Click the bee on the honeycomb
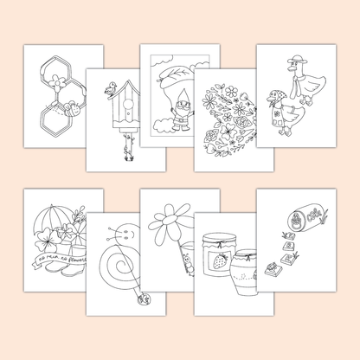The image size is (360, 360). click(x=72, y=111)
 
